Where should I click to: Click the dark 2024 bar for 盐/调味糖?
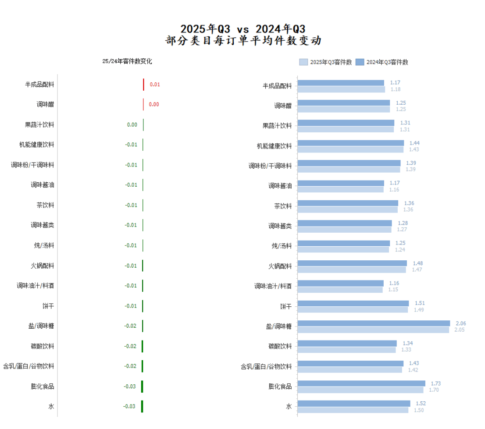[x=374, y=323]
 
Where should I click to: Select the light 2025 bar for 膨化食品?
[x=360, y=390]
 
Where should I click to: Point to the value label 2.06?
[x=460, y=323]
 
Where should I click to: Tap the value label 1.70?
[x=434, y=390]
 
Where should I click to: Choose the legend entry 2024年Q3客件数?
[x=382, y=62]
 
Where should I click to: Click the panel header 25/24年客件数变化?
[x=127, y=61]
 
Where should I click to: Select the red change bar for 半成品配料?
[x=143, y=85]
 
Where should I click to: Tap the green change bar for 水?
[x=142, y=406]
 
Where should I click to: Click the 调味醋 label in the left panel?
[x=46, y=105]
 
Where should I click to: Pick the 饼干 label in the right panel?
[x=286, y=307]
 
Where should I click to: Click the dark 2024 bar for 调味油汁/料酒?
[x=341, y=284]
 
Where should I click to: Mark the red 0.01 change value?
[x=155, y=85]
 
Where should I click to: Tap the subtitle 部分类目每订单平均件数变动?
[x=243, y=41]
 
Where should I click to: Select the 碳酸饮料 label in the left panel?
[x=43, y=346]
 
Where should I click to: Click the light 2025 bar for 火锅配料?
[x=352, y=270]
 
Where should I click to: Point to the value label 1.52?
[x=420, y=404]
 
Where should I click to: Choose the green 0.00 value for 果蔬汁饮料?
[x=132, y=125]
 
